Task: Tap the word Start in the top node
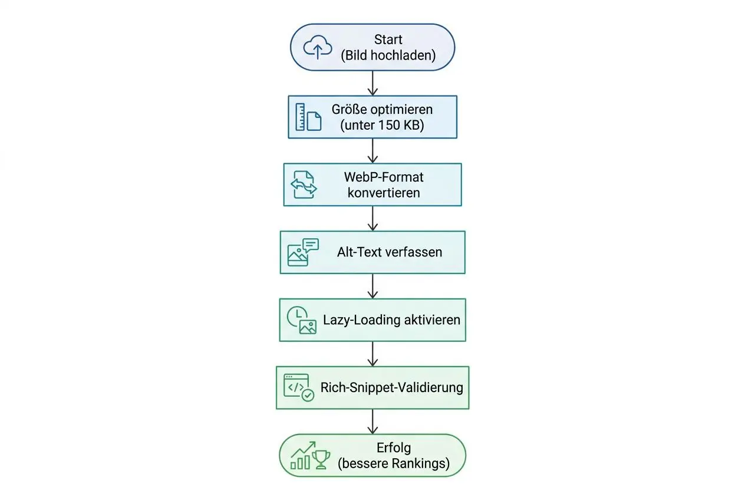tap(388, 40)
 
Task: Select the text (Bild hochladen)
tap(388, 55)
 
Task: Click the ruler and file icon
tap(308, 117)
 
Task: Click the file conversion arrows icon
tap(304, 185)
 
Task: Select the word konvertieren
tap(384, 193)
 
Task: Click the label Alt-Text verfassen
tap(390, 252)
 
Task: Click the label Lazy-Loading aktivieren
tap(391, 320)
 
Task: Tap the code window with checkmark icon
tap(299, 387)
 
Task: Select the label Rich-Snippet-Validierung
tap(391, 387)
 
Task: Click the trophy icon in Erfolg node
tap(321, 459)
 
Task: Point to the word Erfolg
tap(393, 448)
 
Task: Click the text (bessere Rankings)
tap(393, 464)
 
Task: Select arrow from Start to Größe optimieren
tap(372, 83)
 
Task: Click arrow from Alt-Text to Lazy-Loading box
tap(372, 286)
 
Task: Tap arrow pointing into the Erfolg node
tap(372, 422)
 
